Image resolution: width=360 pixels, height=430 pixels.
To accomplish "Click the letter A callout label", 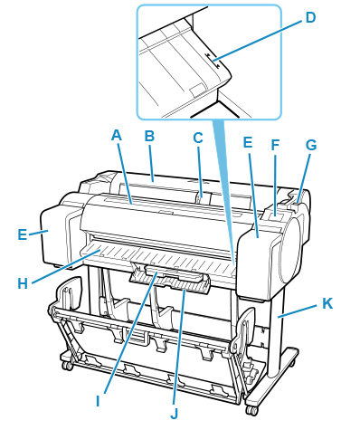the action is (x=117, y=136).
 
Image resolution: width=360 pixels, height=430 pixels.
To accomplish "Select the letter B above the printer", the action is (x=149, y=136).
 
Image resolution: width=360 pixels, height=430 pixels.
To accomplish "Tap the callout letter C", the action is (x=198, y=138).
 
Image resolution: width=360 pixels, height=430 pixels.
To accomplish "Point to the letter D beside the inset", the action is (x=310, y=17).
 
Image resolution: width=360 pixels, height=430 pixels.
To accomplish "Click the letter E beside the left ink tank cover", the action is (x=22, y=234).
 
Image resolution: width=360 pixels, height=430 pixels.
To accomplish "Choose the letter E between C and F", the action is (x=248, y=142).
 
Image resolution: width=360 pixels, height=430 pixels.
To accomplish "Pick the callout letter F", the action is (x=275, y=145).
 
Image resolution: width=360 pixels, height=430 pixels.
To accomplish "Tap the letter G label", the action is (x=311, y=145).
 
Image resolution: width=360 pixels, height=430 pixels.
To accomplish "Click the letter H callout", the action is (x=23, y=283).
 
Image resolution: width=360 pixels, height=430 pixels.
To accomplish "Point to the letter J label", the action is (x=175, y=414).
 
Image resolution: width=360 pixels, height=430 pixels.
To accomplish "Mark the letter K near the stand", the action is (x=327, y=303).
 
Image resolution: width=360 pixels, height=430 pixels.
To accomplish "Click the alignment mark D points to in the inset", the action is (x=213, y=59).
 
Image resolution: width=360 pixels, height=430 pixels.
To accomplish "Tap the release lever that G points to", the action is (x=294, y=205).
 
